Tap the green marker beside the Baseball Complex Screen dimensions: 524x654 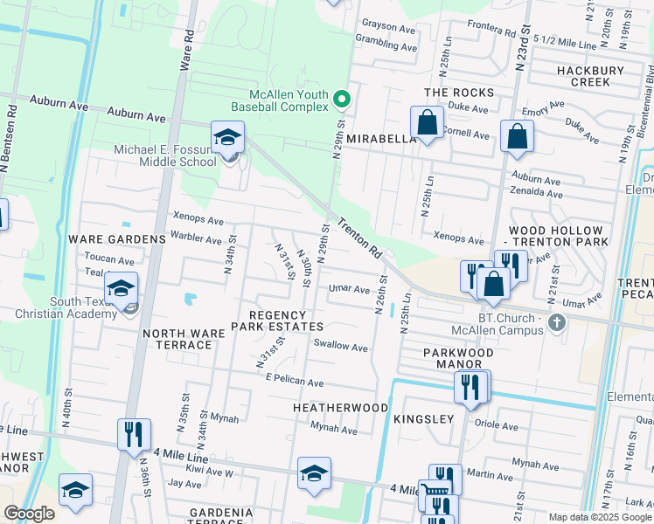(x=343, y=100)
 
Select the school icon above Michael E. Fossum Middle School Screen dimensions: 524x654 (x=227, y=138)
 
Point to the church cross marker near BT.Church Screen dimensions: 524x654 (x=556, y=324)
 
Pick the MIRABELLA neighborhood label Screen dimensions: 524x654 (x=379, y=139)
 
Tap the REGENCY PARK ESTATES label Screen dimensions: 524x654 (x=277, y=320)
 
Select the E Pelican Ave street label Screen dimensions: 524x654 (x=295, y=383)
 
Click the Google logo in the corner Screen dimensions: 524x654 (x=29, y=514)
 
